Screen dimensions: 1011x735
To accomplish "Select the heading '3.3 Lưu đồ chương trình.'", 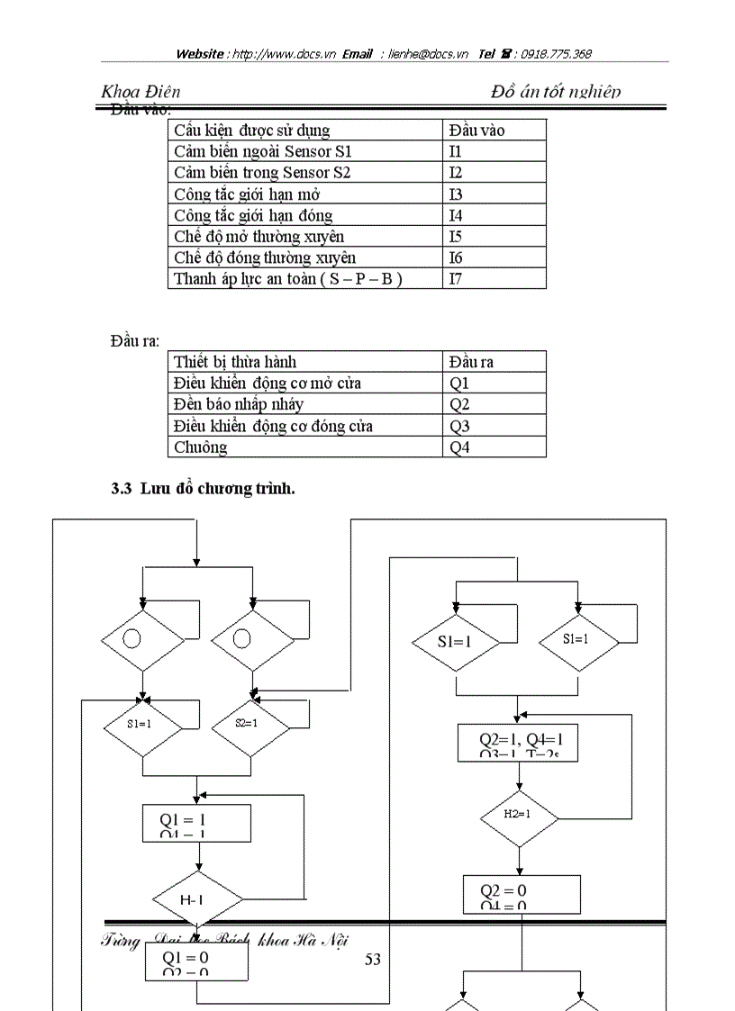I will point(203,489).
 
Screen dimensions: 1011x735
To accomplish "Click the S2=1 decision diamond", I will point(251,724).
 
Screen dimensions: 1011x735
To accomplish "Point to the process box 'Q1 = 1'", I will point(196,823).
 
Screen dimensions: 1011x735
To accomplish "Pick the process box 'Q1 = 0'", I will point(196,961).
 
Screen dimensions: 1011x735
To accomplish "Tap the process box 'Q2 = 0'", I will point(522,893).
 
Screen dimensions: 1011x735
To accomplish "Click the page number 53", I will point(372,960).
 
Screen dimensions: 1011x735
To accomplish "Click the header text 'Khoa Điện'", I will point(141,91).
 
